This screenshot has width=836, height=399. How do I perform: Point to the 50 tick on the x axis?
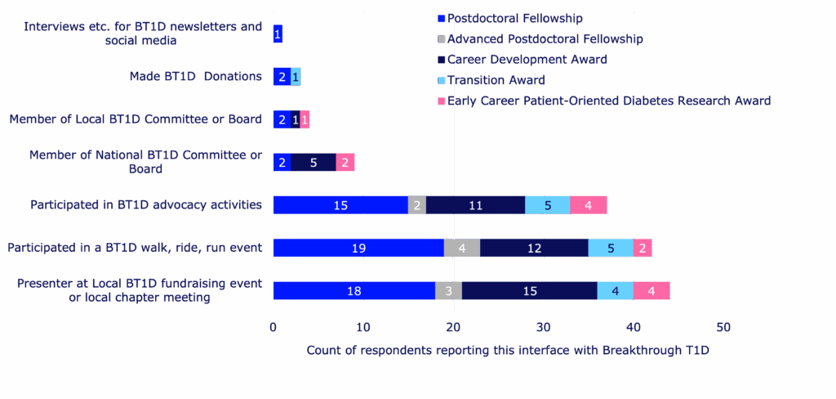723,327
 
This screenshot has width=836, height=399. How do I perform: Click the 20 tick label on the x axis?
453,327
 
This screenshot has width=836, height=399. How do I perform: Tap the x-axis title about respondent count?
508,350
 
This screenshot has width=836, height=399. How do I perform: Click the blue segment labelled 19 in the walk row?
358,248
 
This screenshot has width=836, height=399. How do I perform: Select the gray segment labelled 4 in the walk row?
462,248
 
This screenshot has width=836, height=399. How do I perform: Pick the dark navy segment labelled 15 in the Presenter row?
530,290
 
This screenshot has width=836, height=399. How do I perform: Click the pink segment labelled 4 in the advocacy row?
589,205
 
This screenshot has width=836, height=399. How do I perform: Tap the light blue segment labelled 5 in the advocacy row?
548,205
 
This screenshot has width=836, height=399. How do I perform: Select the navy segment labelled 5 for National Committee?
313,162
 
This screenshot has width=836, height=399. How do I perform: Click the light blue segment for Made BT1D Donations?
296,77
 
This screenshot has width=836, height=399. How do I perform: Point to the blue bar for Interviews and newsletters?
278,34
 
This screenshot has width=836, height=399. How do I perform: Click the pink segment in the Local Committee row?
305,119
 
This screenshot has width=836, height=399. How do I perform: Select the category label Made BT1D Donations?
196,77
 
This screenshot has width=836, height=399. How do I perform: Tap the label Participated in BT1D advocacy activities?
146,204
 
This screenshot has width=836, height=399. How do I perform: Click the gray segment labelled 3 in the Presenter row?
449,290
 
